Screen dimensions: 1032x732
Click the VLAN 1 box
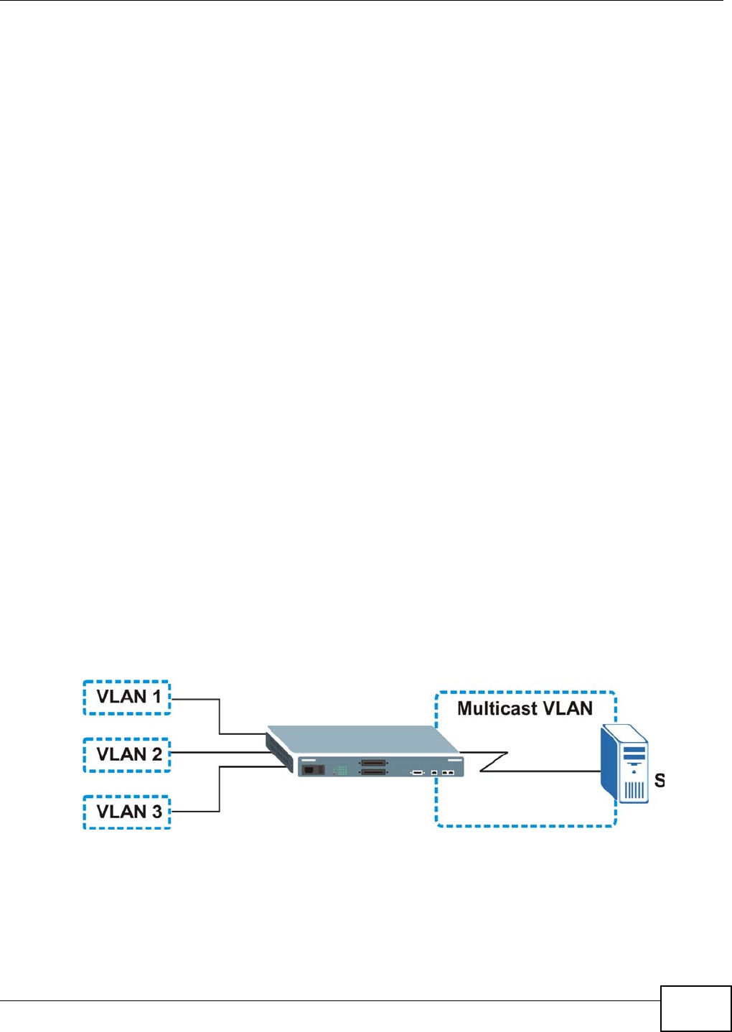pos(127,697)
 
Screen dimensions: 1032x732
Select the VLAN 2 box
pos(127,754)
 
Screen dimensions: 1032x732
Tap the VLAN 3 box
pos(127,812)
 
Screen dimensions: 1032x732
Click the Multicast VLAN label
pos(525,708)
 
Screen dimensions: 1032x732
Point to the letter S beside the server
pos(660,780)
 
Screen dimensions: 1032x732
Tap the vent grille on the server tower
pos(634,790)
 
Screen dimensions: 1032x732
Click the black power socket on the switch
pos(312,769)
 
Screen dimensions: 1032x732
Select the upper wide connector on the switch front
pos(373,763)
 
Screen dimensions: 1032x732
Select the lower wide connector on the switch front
pos(373,772)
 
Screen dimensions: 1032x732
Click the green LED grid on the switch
pos(342,771)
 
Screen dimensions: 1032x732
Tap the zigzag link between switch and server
pos(495,761)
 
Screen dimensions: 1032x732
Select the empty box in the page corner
pos(695,1008)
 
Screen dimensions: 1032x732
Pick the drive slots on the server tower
pos(634,755)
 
